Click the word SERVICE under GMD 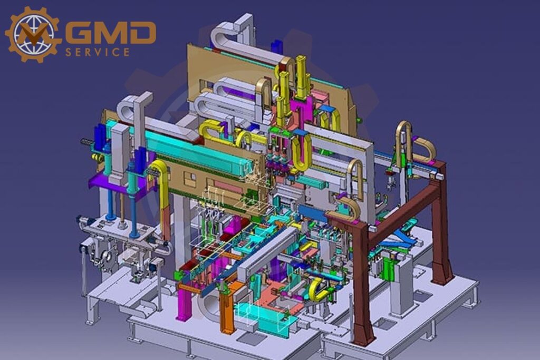point(98,52)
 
